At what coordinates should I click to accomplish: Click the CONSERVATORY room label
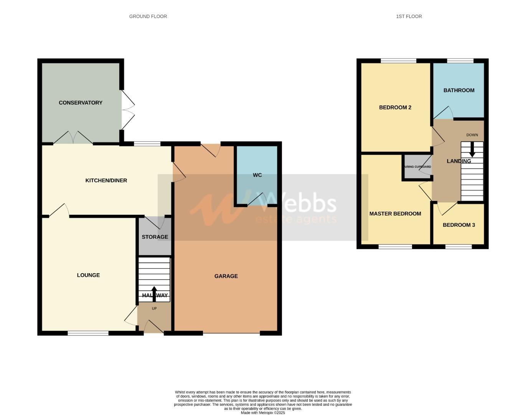(81, 103)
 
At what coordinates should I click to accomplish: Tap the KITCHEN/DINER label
(106, 180)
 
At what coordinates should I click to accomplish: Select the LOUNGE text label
(88, 275)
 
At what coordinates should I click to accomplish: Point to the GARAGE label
(226, 276)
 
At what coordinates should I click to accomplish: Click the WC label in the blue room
(257, 175)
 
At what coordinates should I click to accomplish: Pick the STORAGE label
(155, 237)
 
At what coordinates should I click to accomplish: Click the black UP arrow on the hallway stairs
(154, 294)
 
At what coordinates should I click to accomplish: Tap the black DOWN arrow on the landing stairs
(472, 149)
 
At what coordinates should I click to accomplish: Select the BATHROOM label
(459, 90)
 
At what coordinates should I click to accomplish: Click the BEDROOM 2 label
(395, 107)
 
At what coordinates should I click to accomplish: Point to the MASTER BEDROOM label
(395, 214)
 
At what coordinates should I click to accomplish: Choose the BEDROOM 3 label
(459, 225)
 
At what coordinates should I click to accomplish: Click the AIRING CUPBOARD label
(417, 167)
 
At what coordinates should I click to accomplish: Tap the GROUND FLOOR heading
(148, 16)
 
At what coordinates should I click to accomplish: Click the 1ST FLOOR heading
(409, 16)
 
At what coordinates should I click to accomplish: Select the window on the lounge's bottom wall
(88, 333)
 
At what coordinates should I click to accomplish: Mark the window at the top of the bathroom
(460, 61)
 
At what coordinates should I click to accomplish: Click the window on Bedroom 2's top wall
(398, 61)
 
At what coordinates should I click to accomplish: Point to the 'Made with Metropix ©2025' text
(263, 413)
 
